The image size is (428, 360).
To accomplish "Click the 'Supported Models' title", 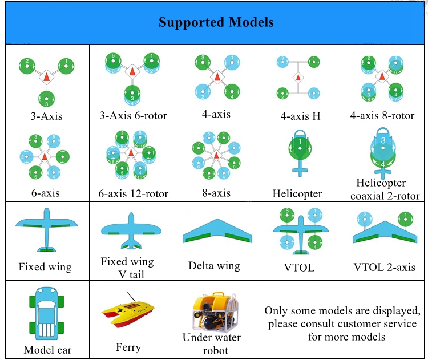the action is pyautogui.click(x=216, y=22).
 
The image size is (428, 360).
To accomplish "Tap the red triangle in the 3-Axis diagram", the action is pyautogui.click(x=46, y=76).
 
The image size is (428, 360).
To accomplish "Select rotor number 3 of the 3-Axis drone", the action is pyautogui.click(x=46, y=99).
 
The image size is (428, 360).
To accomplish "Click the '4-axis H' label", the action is pyautogui.click(x=300, y=116).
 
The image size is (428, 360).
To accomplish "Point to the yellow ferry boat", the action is pyautogui.click(x=128, y=314).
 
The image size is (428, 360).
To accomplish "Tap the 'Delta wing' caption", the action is pyautogui.click(x=214, y=265).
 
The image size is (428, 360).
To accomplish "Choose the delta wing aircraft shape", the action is pyautogui.click(x=217, y=230).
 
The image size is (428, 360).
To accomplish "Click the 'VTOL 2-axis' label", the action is pyautogui.click(x=384, y=267).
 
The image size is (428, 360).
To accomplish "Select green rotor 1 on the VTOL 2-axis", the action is pyautogui.click(x=405, y=219).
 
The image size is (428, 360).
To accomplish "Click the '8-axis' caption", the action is pyautogui.click(x=216, y=193).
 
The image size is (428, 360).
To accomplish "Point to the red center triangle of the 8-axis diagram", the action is pyautogui.click(x=216, y=156).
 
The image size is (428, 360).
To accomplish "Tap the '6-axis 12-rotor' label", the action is pyautogui.click(x=133, y=194).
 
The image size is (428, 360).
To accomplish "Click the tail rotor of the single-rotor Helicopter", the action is pyautogui.click(x=300, y=171).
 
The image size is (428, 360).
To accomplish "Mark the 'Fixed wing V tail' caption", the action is pyautogui.click(x=128, y=268).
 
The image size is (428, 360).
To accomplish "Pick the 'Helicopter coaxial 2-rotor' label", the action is pyautogui.click(x=384, y=189).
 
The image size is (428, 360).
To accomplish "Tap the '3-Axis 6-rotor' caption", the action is pyautogui.click(x=133, y=116).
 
